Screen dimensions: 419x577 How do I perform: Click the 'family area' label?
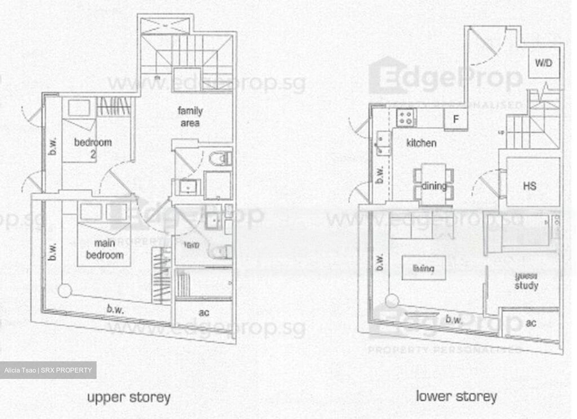pos(190,117)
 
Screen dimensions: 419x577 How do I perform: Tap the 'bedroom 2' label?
pos(93,147)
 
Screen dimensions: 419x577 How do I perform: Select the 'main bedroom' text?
pos(105,249)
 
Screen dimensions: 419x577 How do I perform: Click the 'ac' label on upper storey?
pos(204,312)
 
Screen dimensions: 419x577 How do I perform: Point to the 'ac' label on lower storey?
pos(531,322)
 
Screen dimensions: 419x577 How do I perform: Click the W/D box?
pos(543,63)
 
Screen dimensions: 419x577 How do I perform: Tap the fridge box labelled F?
pos(456,119)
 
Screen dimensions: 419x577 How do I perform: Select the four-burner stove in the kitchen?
pos(406,117)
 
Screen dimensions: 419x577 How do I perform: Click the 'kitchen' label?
pos(421,143)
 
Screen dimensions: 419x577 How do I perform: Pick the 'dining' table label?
pos(434,186)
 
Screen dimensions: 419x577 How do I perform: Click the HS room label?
pos(529,186)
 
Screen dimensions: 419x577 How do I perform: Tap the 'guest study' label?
pos(527,281)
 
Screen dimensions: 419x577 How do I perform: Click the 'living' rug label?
pos(424,268)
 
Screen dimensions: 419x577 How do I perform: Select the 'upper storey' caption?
pos(129,397)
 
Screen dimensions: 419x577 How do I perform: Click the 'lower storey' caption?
pos(456,396)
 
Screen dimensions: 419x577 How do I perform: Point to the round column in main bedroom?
pos(65,290)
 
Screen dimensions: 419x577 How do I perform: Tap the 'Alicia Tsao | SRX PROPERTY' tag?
pos(48,370)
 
